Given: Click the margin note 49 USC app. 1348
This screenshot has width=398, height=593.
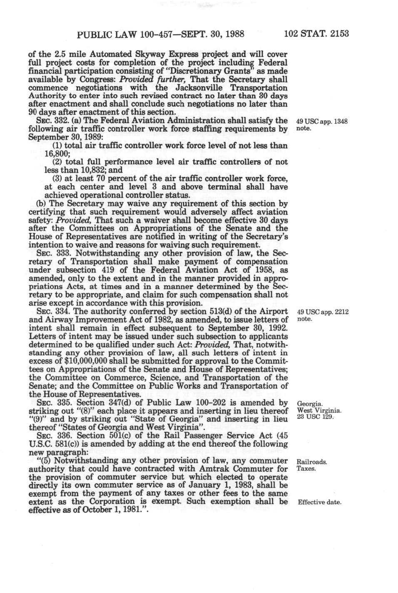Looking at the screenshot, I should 322,122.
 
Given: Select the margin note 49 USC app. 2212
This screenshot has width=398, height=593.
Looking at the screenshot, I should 322,312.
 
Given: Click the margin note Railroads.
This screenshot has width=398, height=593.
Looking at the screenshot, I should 311,462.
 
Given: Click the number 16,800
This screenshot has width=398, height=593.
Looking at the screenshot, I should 57,154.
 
